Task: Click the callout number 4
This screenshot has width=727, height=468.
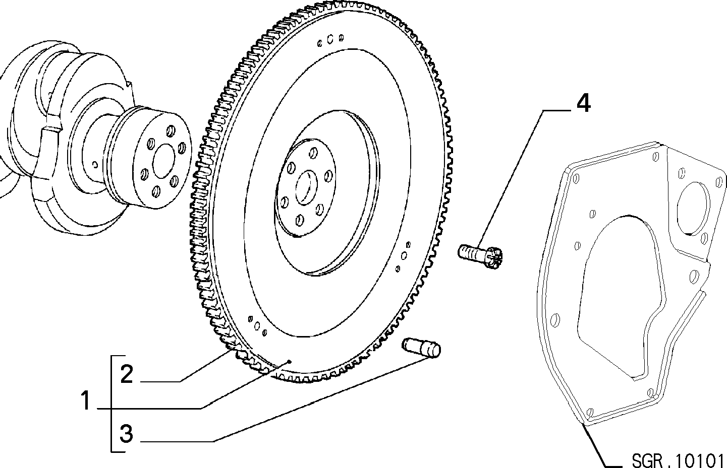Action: pos(583,103)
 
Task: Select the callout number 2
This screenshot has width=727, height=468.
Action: pos(127,374)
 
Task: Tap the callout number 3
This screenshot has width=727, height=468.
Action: pos(126,433)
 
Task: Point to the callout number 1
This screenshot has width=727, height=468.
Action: pos(86,400)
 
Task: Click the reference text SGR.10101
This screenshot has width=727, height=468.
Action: pos(679,459)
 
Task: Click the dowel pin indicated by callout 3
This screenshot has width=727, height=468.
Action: pos(421,348)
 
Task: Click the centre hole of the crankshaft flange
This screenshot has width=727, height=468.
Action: pos(163,161)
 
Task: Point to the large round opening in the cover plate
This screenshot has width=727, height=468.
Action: pos(693,208)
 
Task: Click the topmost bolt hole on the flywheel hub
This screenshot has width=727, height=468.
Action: pos(313,153)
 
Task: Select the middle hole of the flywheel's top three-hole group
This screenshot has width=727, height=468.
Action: pos(330,39)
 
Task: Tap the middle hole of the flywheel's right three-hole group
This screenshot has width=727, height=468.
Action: pos(404,256)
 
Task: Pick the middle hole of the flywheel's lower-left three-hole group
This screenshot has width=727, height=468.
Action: pos(257,325)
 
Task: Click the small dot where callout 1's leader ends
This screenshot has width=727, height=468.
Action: pos(290,361)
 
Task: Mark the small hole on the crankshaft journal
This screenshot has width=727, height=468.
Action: pos(95,165)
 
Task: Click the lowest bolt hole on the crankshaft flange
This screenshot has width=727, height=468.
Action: pos(156,191)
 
